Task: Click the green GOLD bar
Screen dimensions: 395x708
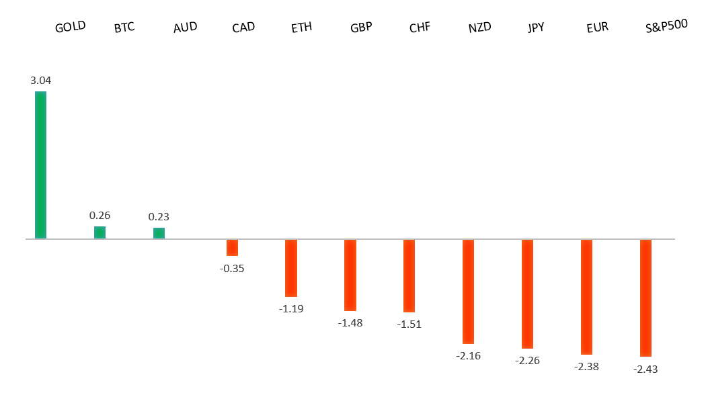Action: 40,165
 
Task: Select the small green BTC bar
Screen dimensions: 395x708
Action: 100,232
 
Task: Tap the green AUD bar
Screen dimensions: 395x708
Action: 159,233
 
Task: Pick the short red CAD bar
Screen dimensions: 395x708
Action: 232,247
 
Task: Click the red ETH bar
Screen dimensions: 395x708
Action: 291,268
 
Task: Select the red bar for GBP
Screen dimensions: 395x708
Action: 350,275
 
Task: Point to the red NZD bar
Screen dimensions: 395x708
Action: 469,292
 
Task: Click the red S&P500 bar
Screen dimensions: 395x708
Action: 645,298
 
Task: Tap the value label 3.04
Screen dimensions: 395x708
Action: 41,80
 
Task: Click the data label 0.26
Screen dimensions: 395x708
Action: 100,216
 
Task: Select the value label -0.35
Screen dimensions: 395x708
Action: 232,268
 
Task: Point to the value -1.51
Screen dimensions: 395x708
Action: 409,324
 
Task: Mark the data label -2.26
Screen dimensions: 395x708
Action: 527,361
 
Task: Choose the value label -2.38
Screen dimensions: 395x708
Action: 586,367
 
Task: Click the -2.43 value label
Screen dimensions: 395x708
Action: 645,369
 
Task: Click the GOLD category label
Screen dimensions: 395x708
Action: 71,28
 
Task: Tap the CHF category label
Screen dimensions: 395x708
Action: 420,28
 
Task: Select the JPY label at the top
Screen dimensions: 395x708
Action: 537,28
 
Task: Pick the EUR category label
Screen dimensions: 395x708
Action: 597,28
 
